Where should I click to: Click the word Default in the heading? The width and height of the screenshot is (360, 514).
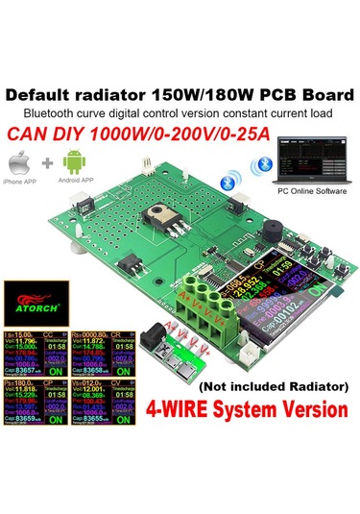[x=41, y=96]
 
